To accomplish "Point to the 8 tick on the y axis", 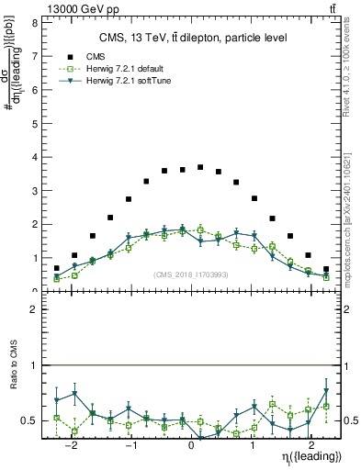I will click(33, 23).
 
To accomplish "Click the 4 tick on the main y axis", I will click(33, 157).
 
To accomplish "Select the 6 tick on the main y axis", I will click(33, 90).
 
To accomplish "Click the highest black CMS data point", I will click(200, 167).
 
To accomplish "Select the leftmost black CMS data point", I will click(57, 268).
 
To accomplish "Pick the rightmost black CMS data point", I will click(326, 269).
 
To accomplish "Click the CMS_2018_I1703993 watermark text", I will click(191, 274).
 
